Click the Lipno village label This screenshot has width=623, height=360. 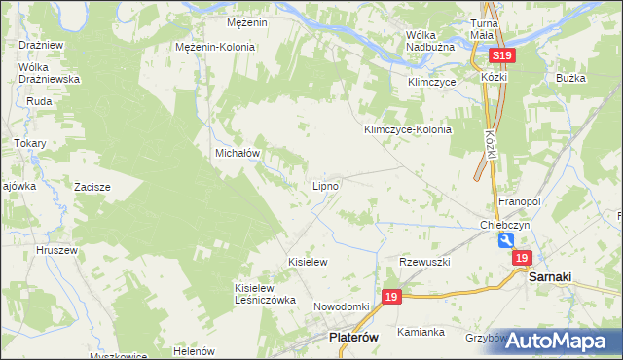pos(325,185)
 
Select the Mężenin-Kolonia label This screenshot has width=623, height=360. pos(215,47)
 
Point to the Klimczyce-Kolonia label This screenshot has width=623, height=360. pos(408,129)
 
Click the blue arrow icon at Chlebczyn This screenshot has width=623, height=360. pos(504,240)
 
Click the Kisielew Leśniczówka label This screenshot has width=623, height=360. pos(265,294)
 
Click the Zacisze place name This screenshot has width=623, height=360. pos(92,186)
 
